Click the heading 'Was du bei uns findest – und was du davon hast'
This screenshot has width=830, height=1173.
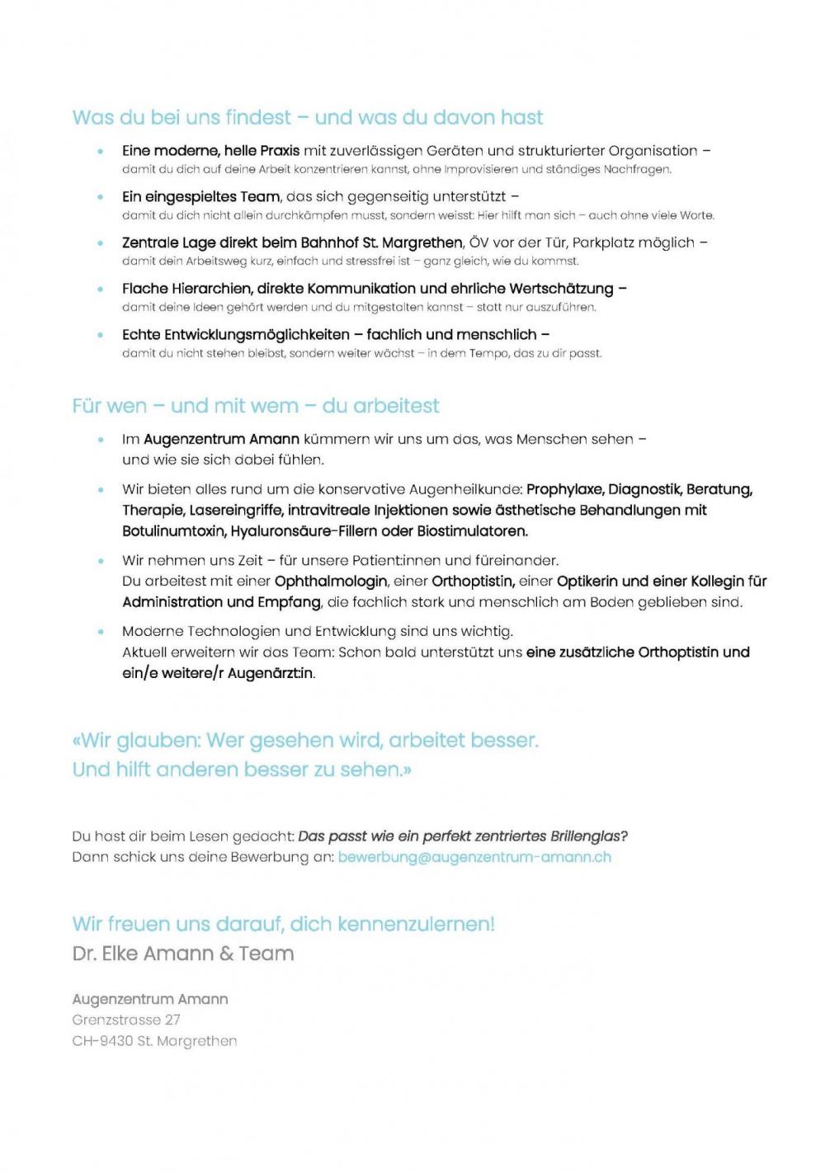(307, 117)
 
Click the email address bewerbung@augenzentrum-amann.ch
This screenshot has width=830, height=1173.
(474, 856)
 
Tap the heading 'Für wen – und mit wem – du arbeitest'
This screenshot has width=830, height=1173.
(256, 405)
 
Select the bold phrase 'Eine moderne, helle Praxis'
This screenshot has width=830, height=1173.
(210, 150)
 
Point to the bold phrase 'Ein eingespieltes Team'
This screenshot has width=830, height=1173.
(201, 196)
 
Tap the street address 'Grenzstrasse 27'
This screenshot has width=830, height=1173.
(126, 1020)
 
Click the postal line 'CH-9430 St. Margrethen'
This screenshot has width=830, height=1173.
(154, 1041)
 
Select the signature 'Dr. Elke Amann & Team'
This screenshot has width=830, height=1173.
(183, 953)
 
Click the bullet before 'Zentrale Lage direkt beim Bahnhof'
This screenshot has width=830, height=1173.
(101, 243)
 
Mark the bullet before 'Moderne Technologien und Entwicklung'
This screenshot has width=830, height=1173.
(101, 632)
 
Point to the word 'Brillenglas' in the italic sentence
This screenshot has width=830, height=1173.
(588, 836)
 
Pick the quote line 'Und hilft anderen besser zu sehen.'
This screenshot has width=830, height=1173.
(241, 769)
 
